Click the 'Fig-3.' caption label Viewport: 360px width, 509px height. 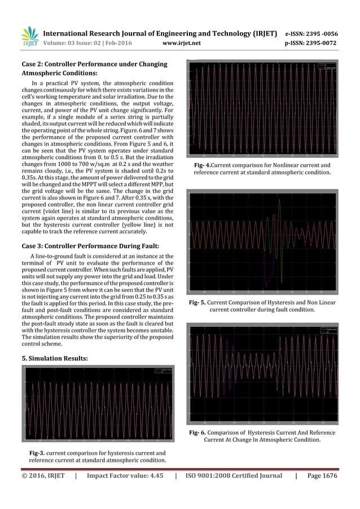pos(38,453)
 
